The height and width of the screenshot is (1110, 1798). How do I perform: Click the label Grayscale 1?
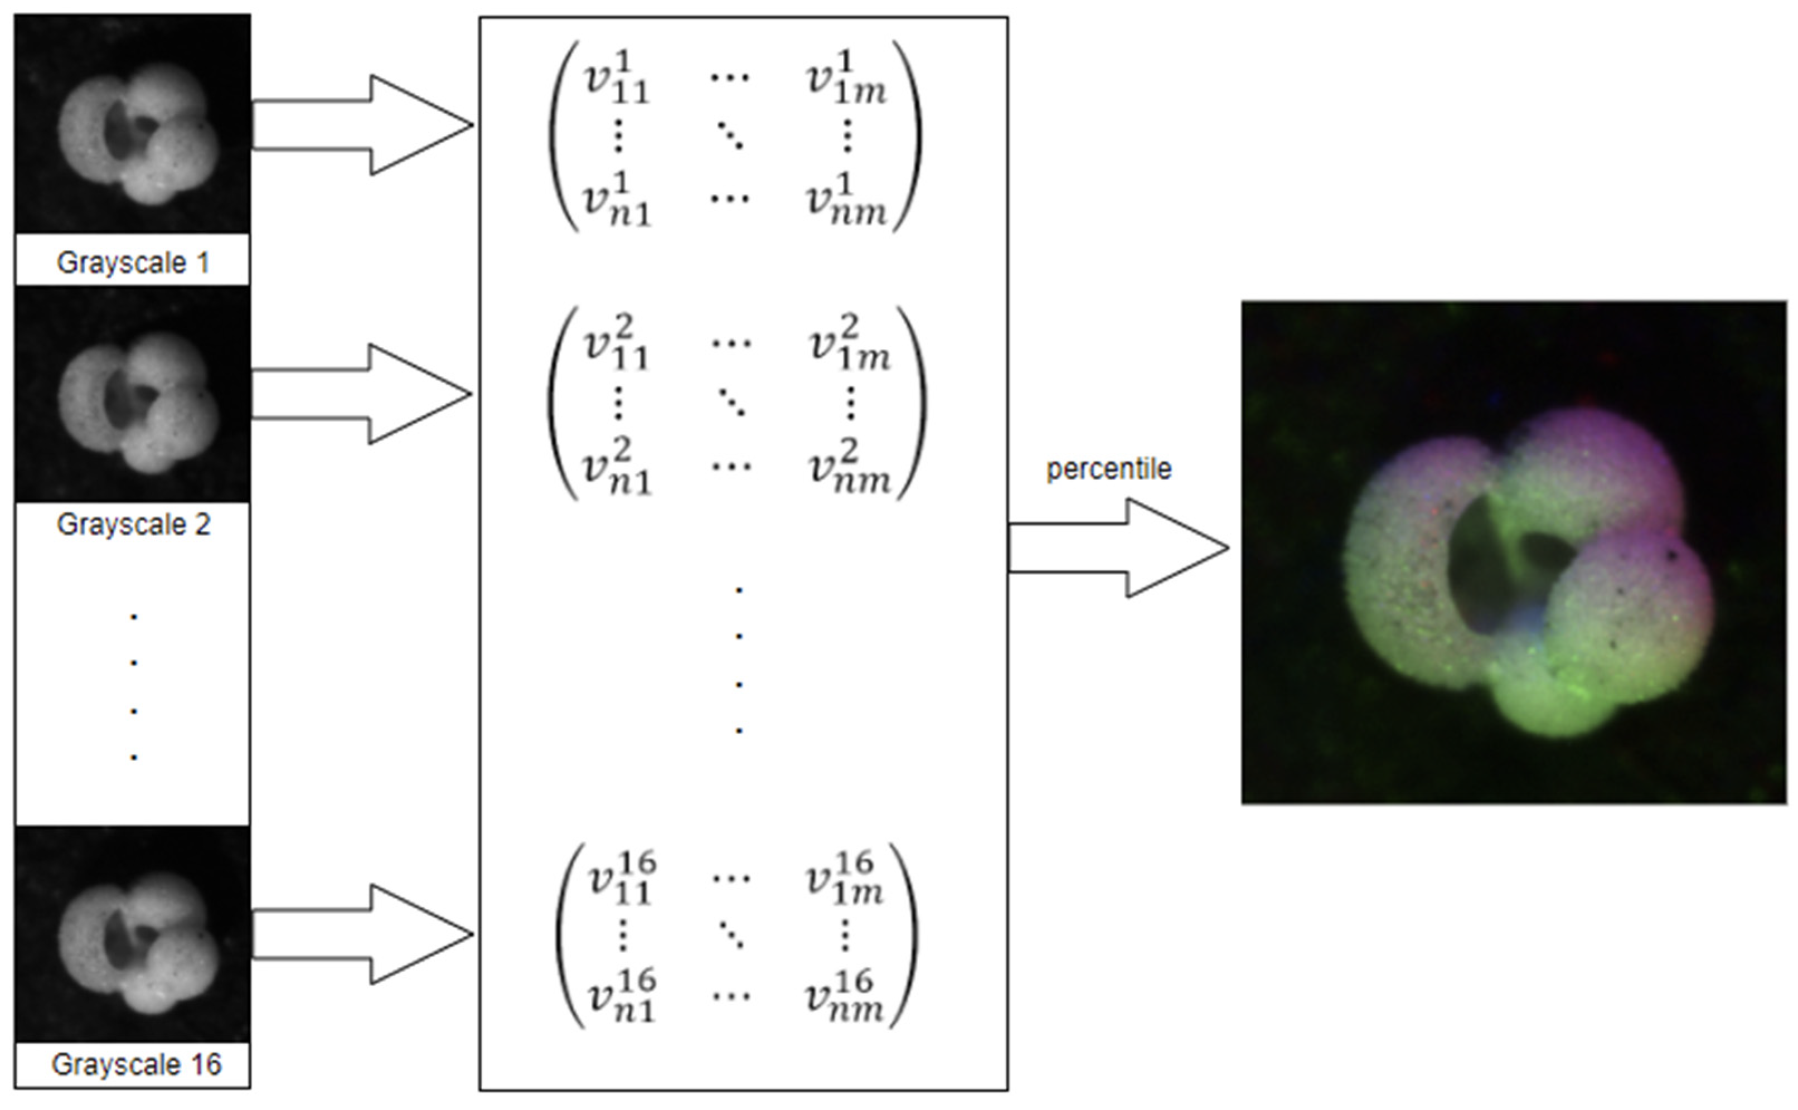pos(133,263)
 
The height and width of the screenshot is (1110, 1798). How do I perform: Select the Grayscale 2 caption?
pos(133,524)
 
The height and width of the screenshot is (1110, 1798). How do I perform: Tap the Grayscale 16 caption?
pos(136,1064)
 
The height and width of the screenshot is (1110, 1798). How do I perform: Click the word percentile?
pos(1108,469)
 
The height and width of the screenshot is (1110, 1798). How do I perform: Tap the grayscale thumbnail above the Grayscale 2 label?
pos(133,395)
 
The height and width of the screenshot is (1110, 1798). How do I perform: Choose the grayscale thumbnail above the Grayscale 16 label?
pos(133,934)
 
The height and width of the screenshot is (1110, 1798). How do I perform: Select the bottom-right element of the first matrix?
pos(846,200)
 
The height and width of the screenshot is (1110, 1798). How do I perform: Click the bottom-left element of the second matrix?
pos(617,468)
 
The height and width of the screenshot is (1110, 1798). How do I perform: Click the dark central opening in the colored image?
pos(1483,573)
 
